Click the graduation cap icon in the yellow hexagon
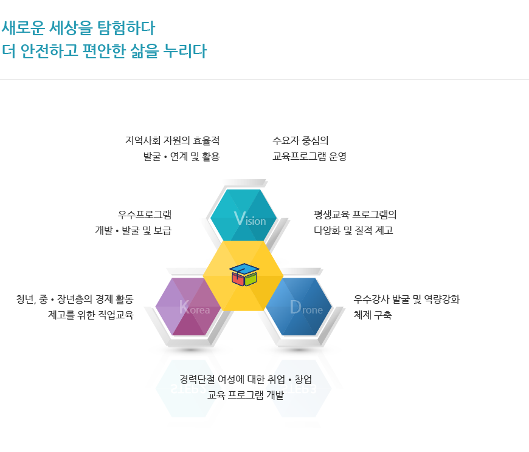244,275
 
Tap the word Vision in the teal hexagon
250,219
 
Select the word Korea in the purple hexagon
195,307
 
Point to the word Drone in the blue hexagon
306,307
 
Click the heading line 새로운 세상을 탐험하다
78,27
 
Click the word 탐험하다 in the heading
126,27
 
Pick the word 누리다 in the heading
185,51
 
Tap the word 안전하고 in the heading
49,51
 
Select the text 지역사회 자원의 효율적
173,140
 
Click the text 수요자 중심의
300,140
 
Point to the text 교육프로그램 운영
309,156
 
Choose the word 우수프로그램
144,214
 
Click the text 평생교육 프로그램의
355,214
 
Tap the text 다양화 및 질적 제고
353,230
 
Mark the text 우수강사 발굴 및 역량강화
407,299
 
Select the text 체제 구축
373,315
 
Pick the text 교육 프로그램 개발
246,395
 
